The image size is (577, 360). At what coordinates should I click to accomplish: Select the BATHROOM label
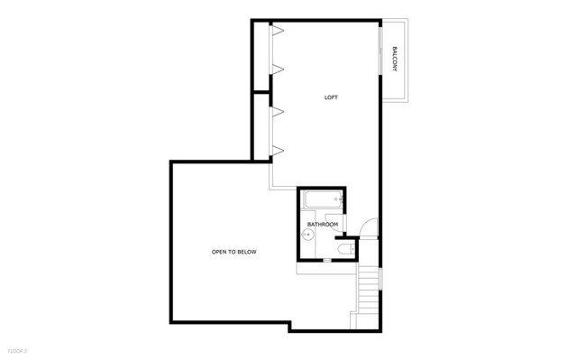(x=323, y=224)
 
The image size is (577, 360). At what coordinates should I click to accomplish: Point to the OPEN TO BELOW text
(x=234, y=252)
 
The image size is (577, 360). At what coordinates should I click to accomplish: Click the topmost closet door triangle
(x=279, y=31)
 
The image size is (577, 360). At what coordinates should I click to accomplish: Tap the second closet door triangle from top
(x=279, y=69)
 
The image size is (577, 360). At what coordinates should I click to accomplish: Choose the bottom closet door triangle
(x=279, y=149)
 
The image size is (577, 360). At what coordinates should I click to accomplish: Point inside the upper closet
(x=261, y=56)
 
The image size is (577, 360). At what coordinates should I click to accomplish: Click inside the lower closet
(x=261, y=126)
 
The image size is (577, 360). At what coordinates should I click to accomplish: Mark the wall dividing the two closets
(x=261, y=91)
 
